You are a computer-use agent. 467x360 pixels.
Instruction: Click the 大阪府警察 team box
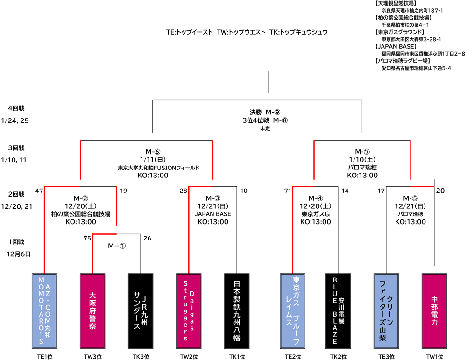tap(92, 311)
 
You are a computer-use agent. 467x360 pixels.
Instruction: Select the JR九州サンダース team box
tap(141, 311)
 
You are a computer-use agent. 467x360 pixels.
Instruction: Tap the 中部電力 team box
tap(434, 311)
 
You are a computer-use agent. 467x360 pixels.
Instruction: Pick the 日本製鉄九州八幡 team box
tap(237, 311)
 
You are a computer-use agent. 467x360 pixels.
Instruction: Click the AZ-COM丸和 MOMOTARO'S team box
tap(44, 311)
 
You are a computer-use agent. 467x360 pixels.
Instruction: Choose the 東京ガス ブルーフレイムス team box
tap(292, 311)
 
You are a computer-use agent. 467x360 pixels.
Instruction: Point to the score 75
tap(87, 239)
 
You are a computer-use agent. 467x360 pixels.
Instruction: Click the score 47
tap(39, 191)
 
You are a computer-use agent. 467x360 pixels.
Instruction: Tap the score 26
tap(147, 239)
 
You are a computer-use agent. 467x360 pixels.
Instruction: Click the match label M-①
tap(117, 246)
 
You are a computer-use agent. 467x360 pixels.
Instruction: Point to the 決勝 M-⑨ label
tap(264, 112)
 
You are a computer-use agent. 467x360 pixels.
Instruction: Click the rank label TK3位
tap(141, 356)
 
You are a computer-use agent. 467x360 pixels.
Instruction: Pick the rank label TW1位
tap(434, 356)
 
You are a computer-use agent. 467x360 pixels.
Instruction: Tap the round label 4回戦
tap(16, 108)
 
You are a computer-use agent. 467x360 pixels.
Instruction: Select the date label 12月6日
tap(19, 254)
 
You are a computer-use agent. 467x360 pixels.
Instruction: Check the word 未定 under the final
tap(265, 128)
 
